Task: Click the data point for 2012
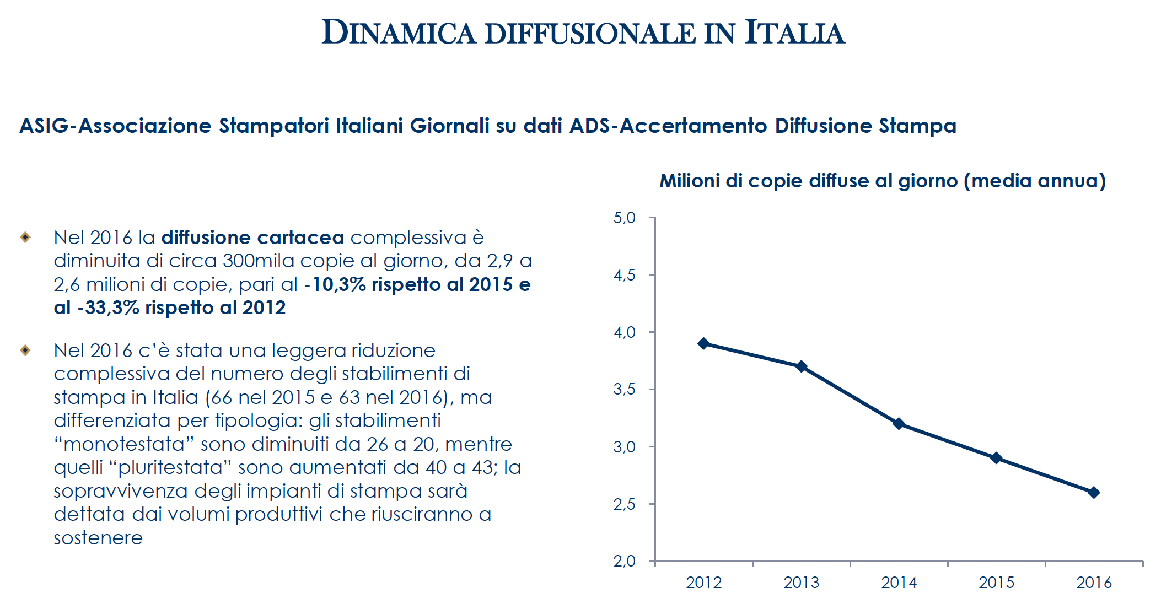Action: pos(703,343)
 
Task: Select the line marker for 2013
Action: pos(801,366)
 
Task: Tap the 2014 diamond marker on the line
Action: pos(899,424)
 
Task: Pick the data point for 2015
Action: pos(996,458)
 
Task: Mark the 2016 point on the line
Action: pos(1094,492)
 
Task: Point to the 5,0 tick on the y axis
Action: pos(625,218)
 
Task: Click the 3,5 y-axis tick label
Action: pos(625,390)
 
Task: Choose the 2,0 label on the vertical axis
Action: pos(625,562)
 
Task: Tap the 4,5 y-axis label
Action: pos(625,275)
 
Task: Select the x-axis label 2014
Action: pos(899,583)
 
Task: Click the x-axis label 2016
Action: pos(1094,583)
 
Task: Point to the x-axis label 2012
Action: pos(703,583)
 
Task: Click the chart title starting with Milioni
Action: pos(883,181)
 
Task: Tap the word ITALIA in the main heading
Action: pos(794,33)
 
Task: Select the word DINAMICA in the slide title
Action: pos(399,33)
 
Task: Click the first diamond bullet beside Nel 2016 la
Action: pos(25,238)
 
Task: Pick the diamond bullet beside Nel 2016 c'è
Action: pos(25,350)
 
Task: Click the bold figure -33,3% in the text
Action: pos(108,308)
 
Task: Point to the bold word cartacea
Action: pos(300,238)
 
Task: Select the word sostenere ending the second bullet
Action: pos(98,538)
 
